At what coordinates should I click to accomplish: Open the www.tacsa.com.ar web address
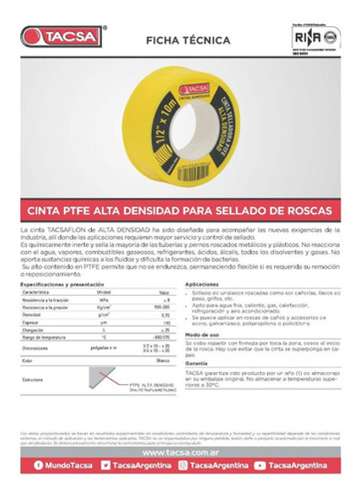180,451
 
